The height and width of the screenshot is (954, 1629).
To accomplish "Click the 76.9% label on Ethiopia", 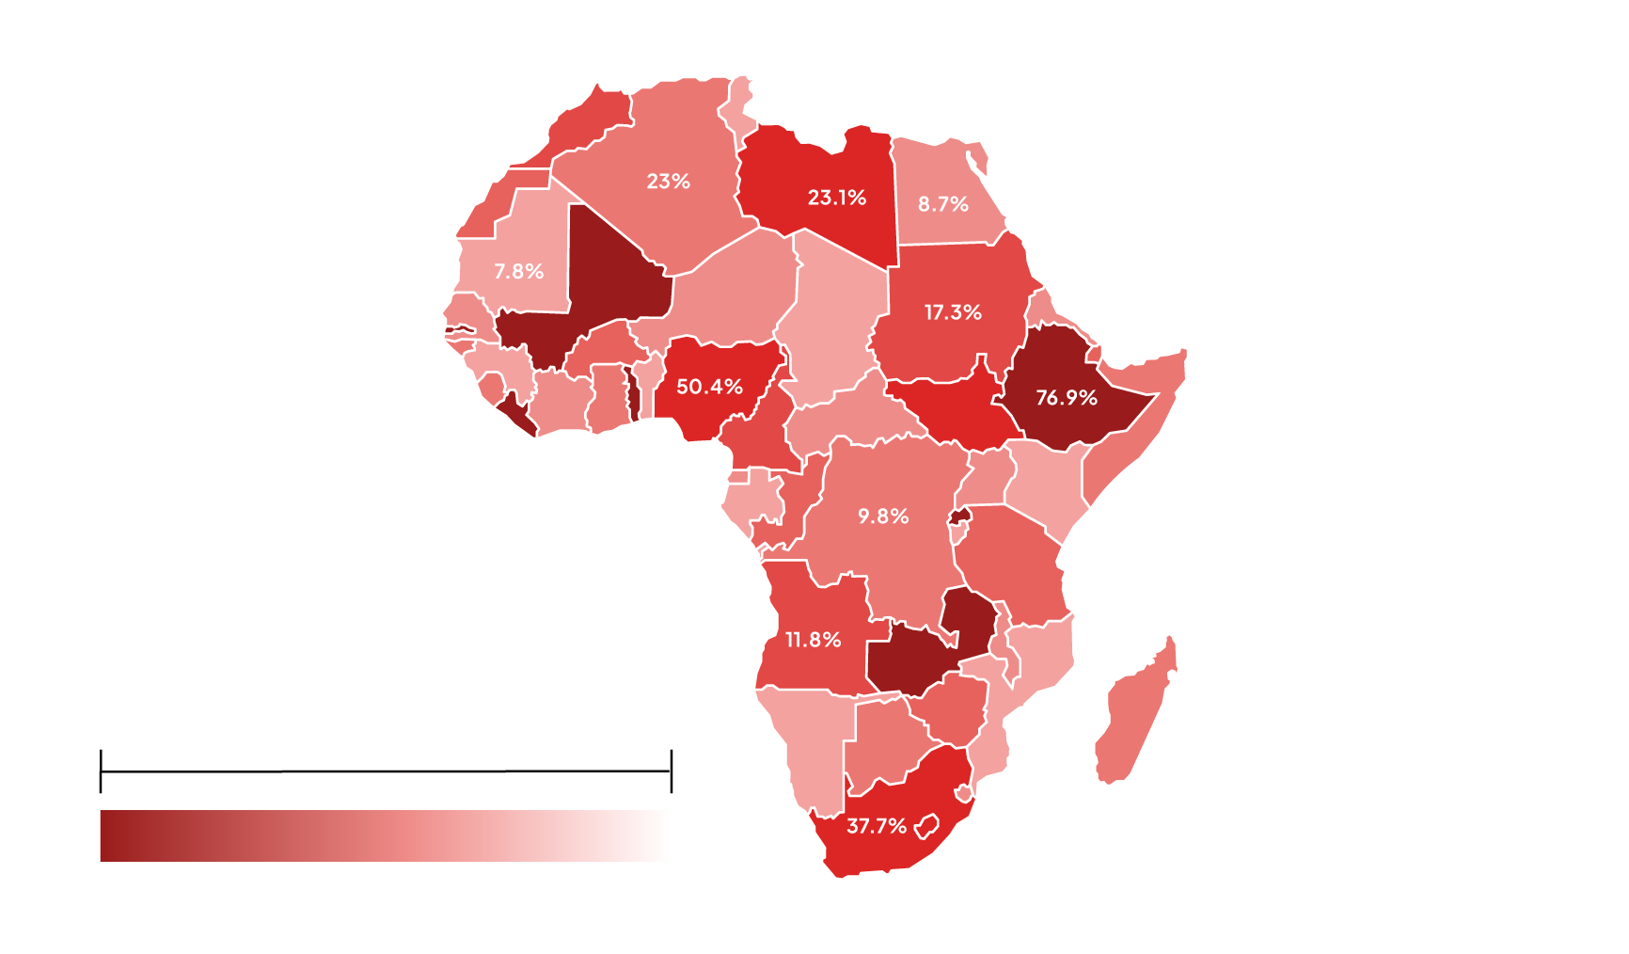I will point(1067,398).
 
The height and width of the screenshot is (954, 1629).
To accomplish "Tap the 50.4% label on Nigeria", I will point(709,387).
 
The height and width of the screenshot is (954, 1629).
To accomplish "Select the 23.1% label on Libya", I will point(837,198).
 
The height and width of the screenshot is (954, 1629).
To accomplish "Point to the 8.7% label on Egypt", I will point(943,204).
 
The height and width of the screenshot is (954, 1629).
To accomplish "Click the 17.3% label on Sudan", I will point(953,312).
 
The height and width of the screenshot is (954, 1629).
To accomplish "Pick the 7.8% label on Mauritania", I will point(519,272).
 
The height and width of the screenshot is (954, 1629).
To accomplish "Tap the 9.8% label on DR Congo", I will point(883,517).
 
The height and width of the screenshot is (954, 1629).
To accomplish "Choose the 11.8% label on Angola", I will point(814,640).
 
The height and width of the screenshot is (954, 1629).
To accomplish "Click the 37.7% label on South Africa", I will point(877,826).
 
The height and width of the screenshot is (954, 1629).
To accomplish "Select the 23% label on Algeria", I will point(669,182).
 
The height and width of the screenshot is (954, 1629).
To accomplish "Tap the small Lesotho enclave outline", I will point(927,827).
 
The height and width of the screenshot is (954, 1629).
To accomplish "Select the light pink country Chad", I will point(832,320).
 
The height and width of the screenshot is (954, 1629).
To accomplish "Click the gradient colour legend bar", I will point(384,835).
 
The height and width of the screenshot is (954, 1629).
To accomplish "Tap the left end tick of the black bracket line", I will point(101,771).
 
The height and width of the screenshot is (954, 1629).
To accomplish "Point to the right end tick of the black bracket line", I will point(671,771).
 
